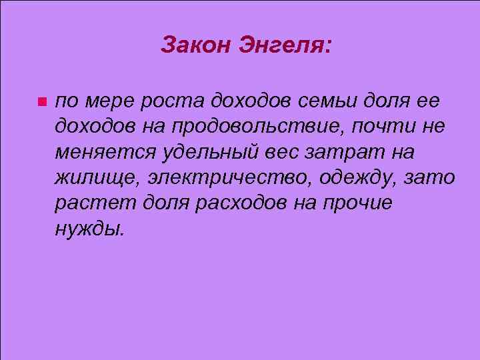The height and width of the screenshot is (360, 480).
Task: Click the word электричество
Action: [221, 178]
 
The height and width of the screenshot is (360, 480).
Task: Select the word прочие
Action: [360, 203]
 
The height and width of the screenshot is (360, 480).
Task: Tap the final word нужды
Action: [89, 229]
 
